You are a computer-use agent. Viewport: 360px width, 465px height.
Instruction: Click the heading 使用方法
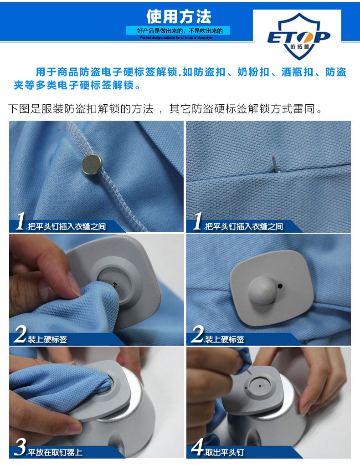[179, 16]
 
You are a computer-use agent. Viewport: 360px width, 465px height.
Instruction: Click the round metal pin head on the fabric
[92, 164]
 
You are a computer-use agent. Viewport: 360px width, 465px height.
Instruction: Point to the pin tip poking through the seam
[275, 164]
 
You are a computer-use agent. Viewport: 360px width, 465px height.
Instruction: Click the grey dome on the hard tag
[262, 291]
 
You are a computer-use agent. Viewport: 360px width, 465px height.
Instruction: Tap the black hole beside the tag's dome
[280, 286]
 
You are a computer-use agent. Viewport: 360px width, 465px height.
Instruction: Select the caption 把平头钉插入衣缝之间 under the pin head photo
[67, 226]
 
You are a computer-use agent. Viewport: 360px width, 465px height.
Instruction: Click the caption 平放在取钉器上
[55, 452]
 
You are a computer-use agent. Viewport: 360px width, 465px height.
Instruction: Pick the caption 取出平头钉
[224, 452]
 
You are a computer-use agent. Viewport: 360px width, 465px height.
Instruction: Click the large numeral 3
[20, 447]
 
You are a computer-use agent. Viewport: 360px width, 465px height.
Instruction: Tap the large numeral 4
[197, 447]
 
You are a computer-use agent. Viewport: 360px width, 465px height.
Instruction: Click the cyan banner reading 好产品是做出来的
[178, 31]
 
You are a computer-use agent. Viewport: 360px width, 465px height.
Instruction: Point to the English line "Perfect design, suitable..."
[176, 38]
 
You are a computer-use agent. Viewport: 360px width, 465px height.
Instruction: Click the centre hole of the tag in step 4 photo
[260, 386]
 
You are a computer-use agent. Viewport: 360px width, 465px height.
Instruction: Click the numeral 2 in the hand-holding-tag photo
[21, 334]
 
